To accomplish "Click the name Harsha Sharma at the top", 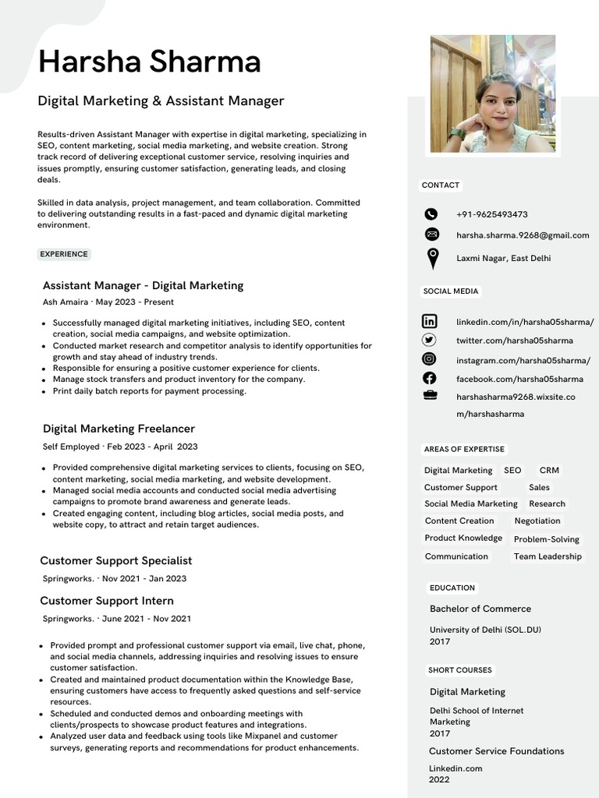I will (149, 62).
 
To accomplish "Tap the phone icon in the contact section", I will (431, 214).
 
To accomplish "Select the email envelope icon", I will (431, 235).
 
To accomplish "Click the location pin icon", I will (432, 258).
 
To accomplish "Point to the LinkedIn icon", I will (430, 321).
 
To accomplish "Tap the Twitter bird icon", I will (430, 340).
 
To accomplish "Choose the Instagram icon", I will (430, 359).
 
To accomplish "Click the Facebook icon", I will (430, 379).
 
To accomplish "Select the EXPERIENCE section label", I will (64, 254).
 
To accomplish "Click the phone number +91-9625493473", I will (491, 214).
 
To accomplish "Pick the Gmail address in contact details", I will (522, 235).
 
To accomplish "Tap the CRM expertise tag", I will (549, 471).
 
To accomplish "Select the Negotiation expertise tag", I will (537, 521).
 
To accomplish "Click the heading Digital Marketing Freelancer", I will (119, 429).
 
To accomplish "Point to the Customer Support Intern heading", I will (107, 601).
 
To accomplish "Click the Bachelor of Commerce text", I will (480, 609).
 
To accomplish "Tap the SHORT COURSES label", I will (459, 670).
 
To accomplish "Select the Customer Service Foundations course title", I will (496, 751).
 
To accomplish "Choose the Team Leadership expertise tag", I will (548, 556).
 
